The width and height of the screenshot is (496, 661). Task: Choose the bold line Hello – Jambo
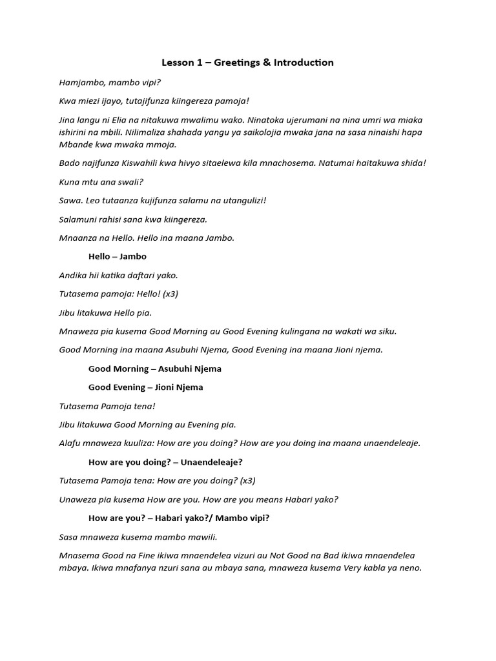coord(118,256)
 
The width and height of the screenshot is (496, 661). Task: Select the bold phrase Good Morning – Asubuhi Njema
coord(155,369)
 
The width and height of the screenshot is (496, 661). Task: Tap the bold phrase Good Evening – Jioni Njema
coord(146,387)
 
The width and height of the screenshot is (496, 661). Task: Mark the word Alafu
coord(71,443)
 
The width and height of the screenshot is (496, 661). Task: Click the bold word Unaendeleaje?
coord(211,462)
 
